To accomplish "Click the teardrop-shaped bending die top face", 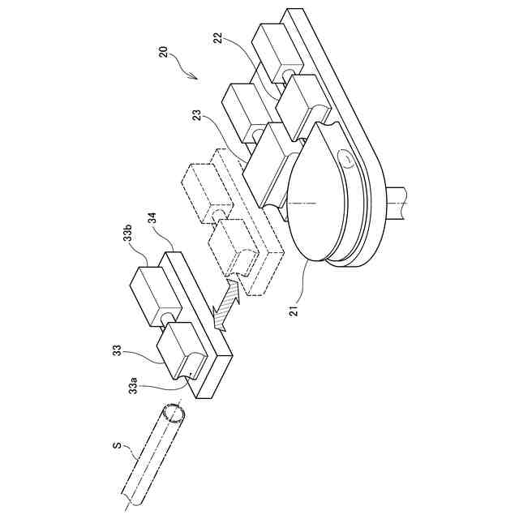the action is pyautogui.click(x=316, y=195).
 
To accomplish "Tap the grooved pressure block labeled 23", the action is pyautogui.click(x=268, y=162).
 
